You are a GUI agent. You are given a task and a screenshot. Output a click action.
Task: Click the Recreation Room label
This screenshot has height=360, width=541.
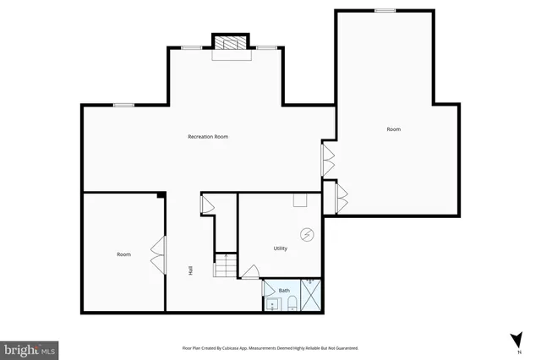[208, 136]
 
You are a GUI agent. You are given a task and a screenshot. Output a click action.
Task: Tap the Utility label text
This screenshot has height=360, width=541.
[280, 248]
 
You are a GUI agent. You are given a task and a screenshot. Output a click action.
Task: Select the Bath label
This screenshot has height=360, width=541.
[284, 290]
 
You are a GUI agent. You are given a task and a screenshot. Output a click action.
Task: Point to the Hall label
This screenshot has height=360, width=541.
[190, 270]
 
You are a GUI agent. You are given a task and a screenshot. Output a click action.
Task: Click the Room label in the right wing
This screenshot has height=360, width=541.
[393, 129]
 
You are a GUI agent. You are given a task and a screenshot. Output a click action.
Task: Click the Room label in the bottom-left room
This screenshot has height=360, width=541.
[123, 254]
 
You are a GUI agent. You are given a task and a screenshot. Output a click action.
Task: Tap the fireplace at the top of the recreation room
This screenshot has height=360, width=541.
[229, 43]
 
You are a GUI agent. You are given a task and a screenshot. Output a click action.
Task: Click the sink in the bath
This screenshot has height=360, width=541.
[272, 304]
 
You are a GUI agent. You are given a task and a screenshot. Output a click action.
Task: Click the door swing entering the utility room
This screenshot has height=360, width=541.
[250, 272]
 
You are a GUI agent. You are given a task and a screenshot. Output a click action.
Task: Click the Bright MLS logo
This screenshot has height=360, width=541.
[30, 348]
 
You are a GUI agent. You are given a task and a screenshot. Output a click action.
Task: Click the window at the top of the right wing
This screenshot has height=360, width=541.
[385, 10]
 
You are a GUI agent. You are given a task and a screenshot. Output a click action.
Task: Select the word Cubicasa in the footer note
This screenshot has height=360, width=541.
[238, 347]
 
